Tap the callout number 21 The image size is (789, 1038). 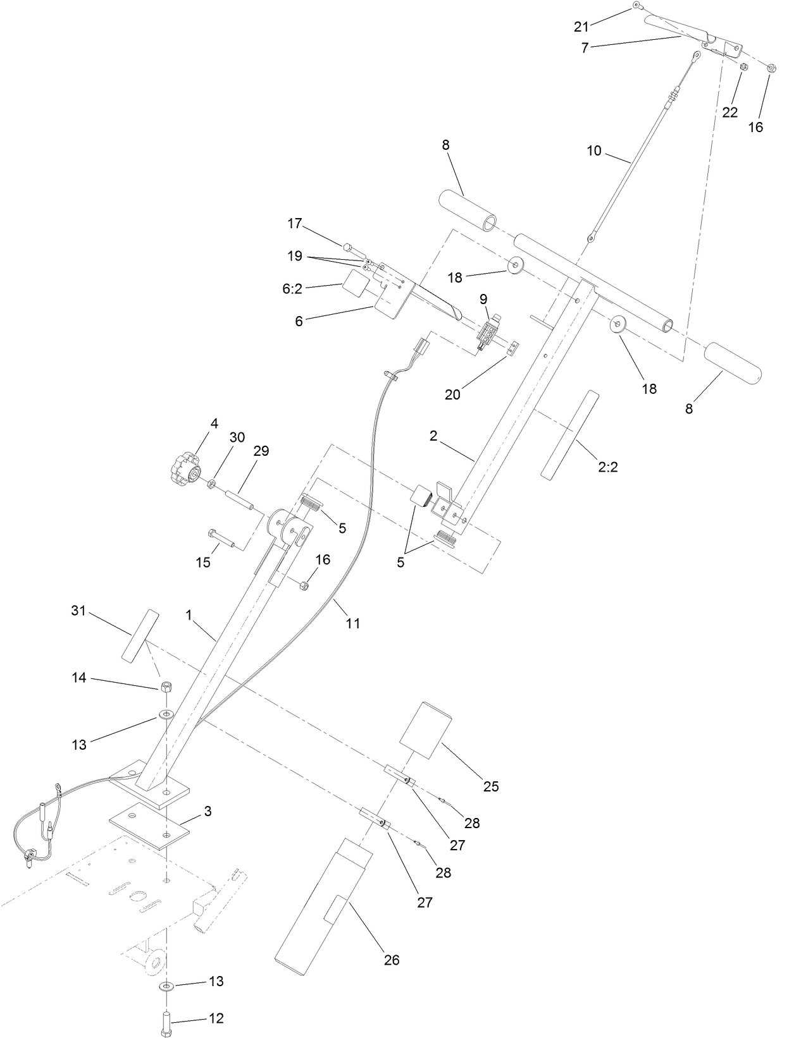[x=581, y=26]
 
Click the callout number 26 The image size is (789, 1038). [x=392, y=959]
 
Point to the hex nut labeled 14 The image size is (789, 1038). [x=166, y=688]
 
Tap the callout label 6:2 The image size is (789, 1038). [x=292, y=288]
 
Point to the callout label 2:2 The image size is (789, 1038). [x=607, y=468]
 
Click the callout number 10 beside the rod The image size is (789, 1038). [x=593, y=151]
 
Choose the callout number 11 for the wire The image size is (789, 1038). [x=353, y=623]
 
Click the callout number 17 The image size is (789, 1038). [x=295, y=223]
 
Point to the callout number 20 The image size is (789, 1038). [x=452, y=394]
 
